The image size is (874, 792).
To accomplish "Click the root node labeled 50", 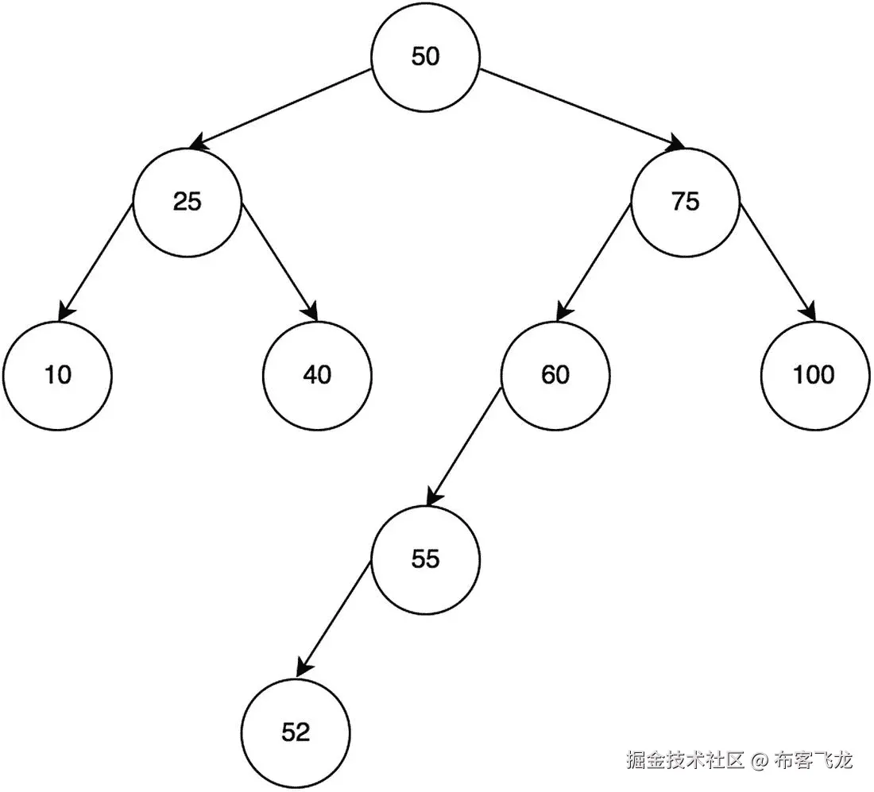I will coord(426,56).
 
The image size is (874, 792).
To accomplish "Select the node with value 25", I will coord(188,202).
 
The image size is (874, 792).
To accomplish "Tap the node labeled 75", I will coord(685,202).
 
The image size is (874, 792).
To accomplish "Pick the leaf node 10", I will coord(57,374).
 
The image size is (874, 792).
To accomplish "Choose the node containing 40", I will coord(317,374).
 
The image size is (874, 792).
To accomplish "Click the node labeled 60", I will coord(555,374).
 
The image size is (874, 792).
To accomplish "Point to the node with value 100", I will coord(814,374).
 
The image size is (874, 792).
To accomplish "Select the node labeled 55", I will coord(426,559).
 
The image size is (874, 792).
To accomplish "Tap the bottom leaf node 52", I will coord(296,732).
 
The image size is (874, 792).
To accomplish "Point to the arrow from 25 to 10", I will coord(95,262).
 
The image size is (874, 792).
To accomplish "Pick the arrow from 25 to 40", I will coord(280,262).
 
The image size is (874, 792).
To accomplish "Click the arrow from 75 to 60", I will coord(594,262).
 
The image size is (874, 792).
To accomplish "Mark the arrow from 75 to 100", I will coord(777,262).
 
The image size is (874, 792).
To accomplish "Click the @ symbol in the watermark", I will coord(760,760).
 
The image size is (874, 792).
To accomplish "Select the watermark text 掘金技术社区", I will coord(686,760).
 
